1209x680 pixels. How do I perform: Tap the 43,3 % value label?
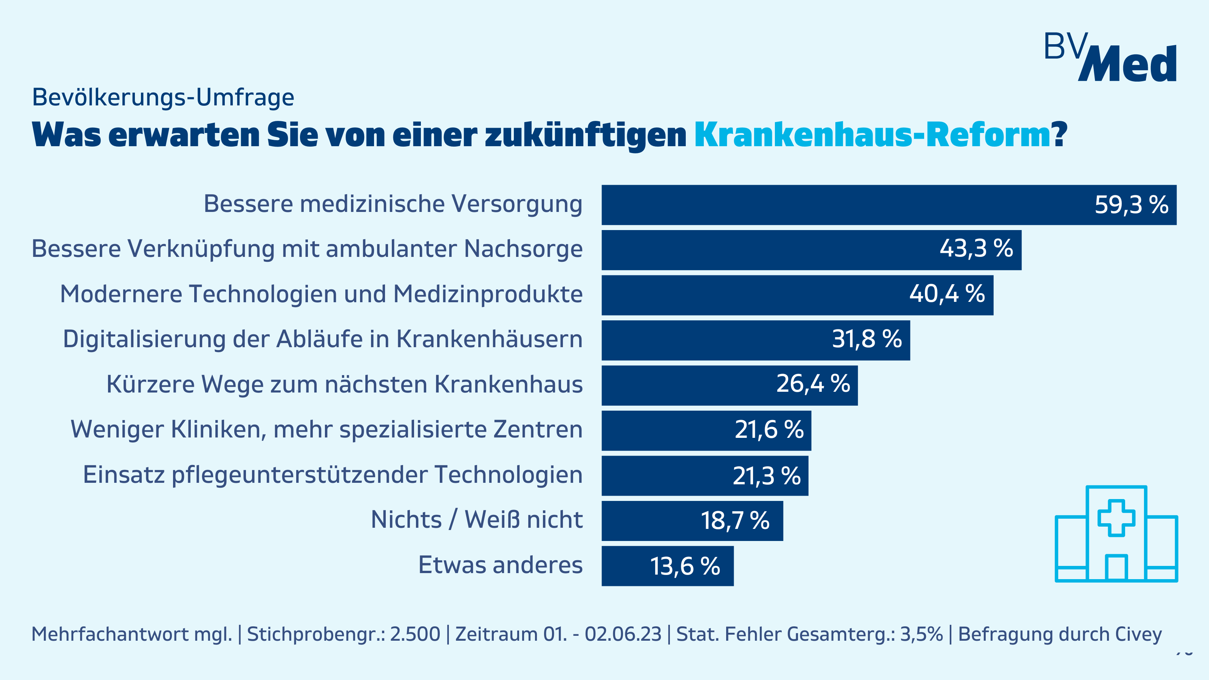(976, 249)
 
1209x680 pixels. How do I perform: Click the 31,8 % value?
(867, 339)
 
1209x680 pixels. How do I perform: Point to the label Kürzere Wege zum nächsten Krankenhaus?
(345, 384)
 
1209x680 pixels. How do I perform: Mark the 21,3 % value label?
(767, 476)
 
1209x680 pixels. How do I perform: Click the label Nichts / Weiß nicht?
(476, 520)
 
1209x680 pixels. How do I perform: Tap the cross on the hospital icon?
(1116, 518)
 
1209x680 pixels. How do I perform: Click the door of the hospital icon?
(1116, 568)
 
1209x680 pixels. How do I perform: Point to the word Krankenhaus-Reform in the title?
(872, 135)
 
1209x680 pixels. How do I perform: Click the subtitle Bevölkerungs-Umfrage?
(163, 97)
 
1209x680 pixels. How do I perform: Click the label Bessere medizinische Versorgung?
(393, 204)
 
